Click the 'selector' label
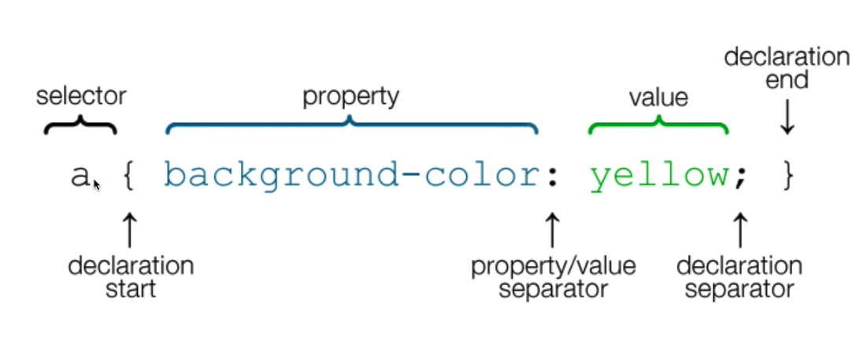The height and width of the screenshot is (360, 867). pos(81,97)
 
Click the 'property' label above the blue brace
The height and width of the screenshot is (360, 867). pos(351,97)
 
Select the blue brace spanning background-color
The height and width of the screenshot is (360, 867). pos(351,124)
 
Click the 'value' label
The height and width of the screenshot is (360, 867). pos(658,98)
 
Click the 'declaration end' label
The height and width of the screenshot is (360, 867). pos(787,68)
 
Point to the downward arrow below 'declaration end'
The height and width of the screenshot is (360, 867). pos(787,118)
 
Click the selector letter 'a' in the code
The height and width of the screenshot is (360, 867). pos(80,176)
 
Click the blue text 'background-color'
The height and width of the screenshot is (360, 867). pos(350,176)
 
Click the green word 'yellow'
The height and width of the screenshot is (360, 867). pos(659,176)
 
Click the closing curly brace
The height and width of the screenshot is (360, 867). pos(788,176)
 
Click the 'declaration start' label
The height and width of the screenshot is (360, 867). pos(131,276)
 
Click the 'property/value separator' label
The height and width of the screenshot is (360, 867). pos(553,276)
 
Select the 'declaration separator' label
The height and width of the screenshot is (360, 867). pos(739,276)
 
